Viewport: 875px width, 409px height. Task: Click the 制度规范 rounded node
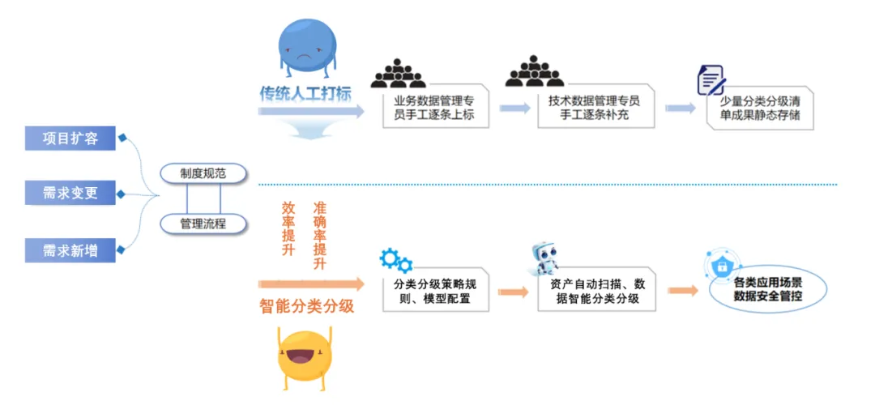pos(203,173)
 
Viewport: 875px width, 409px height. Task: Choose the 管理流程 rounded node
pos(203,224)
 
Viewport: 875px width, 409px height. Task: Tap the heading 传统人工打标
pos(305,92)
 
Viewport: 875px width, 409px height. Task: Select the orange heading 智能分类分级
pos(307,306)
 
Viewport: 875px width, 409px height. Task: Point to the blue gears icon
pos(396,261)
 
